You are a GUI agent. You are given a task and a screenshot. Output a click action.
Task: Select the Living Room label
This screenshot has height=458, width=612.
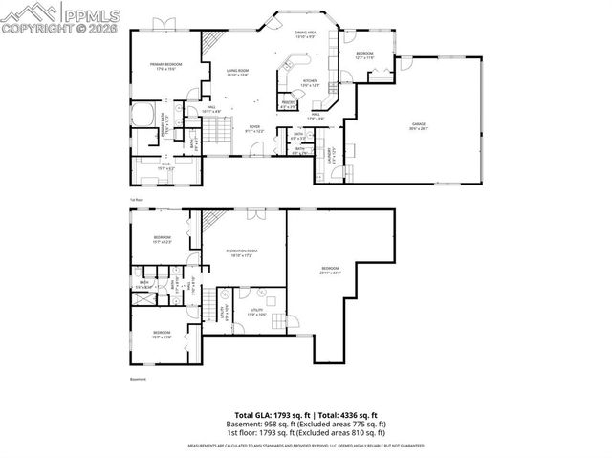pos(237,73)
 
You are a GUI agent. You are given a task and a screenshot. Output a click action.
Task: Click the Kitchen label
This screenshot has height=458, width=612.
pos(310,83)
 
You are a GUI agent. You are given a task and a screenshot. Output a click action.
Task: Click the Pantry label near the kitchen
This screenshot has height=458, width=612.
pos(287,104)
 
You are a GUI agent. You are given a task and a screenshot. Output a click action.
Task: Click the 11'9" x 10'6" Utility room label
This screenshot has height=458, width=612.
pos(257,312)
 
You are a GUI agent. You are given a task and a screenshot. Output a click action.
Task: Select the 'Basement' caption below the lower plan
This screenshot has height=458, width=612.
pos(138,379)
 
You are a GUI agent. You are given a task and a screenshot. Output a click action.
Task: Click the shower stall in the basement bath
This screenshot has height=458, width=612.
pos(143,297)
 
